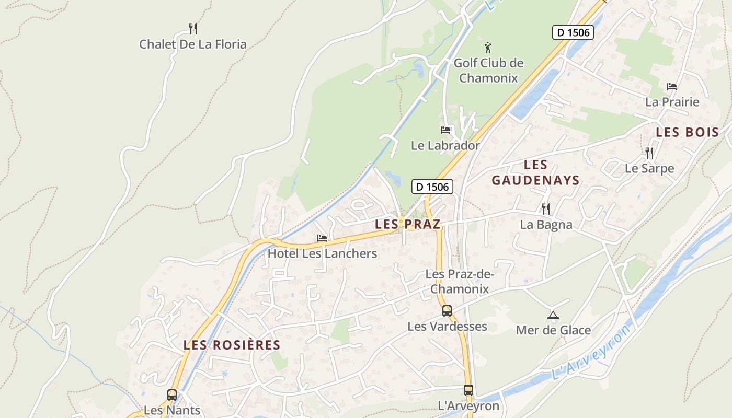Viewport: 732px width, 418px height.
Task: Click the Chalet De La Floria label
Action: tap(192, 44)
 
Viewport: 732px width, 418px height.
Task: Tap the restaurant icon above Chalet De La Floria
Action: tap(193, 28)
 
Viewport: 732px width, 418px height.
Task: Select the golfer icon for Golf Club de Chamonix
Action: tap(488, 48)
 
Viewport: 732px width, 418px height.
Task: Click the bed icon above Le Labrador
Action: tap(445, 130)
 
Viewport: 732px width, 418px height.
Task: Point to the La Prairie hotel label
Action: tap(672, 102)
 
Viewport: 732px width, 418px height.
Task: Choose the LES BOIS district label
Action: tap(688, 132)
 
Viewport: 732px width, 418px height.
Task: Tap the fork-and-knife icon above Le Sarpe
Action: tap(649, 153)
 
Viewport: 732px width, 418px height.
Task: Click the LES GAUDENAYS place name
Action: tap(535, 173)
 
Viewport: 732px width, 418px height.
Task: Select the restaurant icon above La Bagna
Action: tap(546, 209)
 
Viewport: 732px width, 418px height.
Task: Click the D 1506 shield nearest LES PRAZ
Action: tap(432, 187)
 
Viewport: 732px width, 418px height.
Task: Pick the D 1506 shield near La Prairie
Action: tap(573, 32)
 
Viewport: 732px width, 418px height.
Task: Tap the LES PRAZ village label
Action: tap(408, 225)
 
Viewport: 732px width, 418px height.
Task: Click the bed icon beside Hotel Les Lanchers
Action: tap(322, 238)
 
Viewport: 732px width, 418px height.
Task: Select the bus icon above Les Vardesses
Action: tap(447, 311)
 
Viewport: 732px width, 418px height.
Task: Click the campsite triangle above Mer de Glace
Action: tap(553, 315)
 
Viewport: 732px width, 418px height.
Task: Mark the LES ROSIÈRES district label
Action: tap(232, 345)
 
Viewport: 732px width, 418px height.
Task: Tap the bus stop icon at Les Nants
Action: tap(172, 395)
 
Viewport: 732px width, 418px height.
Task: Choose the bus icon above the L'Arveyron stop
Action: tap(468, 390)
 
